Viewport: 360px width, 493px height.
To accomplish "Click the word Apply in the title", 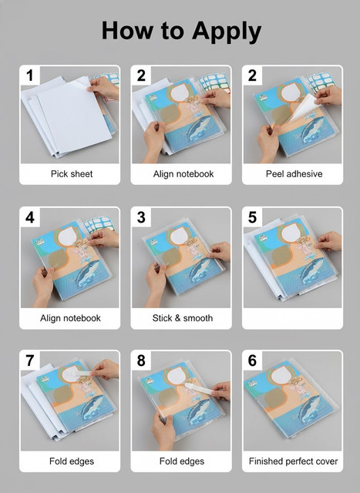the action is (x=227, y=32).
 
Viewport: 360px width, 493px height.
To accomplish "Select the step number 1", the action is (x=30, y=75).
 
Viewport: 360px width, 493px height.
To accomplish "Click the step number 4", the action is (x=30, y=217).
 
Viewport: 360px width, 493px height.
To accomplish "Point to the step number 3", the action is (x=141, y=217).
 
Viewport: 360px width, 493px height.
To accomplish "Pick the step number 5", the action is (x=252, y=217).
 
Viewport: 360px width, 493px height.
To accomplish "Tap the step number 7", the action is (x=30, y=361).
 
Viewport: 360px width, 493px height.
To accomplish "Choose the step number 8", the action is (x=141, y=361).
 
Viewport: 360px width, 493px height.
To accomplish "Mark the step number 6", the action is (x=252, y=361).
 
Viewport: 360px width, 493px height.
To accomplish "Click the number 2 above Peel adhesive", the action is (x=252, y=75).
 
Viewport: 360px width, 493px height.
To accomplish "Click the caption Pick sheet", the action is (x=72, y=174).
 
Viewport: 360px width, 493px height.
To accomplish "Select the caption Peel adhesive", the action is (x=294, y=174).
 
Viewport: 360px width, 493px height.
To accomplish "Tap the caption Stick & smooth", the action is (x=183, y=318).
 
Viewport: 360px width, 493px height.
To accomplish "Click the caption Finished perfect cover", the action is (x=293, y=461).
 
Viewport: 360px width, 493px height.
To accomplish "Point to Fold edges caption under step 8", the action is (x=182, y=461).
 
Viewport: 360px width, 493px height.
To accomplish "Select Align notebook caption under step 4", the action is (x=70, y=318).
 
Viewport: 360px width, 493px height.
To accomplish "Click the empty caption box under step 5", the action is (x=292, y=318).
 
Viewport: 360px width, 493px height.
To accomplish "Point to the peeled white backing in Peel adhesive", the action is (x=303, y=108).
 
